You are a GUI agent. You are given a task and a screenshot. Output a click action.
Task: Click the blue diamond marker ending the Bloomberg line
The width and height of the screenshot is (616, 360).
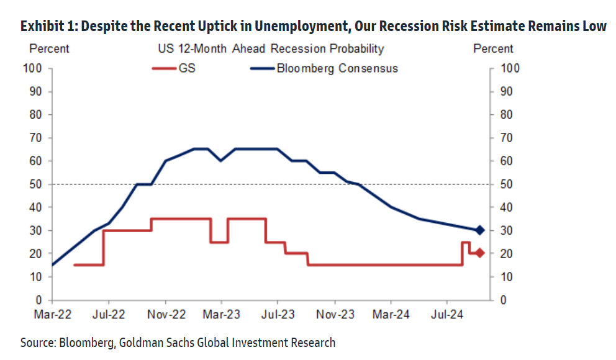point(479,230)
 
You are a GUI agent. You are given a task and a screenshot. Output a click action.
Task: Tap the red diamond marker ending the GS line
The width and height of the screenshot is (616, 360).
point(479,253)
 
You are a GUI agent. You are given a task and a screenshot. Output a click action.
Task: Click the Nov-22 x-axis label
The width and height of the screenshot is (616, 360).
point(166,315)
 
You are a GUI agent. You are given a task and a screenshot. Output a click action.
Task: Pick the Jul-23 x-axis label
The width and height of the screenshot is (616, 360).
point(277,315)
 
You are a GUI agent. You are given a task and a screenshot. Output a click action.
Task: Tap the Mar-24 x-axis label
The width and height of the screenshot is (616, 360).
point(391,315)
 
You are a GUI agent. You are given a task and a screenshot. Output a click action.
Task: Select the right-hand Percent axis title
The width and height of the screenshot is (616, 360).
point(493,48)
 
